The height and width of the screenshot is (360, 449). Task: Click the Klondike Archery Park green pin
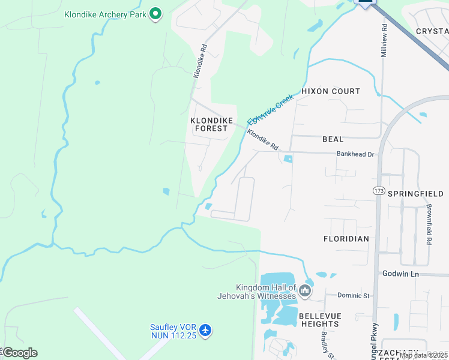coord(155,13)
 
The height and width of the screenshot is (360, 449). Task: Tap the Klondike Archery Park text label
coord(106,14)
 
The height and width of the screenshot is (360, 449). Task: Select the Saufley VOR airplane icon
coord(206,330)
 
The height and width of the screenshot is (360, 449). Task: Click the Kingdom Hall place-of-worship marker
coord(305,292)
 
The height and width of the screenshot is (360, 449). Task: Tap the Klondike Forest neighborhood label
coord(209,124)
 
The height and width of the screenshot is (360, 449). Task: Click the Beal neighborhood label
coord(333,139)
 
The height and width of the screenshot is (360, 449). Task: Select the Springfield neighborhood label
coord(415,194)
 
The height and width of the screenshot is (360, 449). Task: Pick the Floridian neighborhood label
coord(346,238)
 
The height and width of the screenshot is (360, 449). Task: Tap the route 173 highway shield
coord(378,191)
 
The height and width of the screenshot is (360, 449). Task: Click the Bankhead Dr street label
coord(355,154)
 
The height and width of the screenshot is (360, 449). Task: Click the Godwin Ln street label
coord(400,274)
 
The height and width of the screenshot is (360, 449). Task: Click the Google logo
coord(19,353)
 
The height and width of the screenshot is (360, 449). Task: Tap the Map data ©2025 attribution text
coord(423,356)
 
